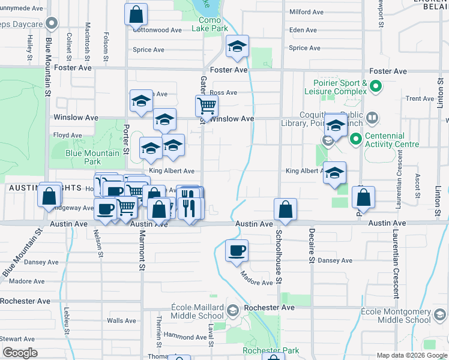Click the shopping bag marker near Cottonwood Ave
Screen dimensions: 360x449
coord(136,14)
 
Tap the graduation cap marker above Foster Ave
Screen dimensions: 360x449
coord(238,47)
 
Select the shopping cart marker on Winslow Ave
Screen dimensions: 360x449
coord(206,106)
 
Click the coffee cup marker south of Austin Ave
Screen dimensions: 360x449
coord(237,250)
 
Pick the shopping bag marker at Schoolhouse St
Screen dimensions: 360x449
coord(285,210)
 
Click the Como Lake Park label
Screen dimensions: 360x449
coord(214,24)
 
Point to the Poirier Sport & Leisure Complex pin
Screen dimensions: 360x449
coord(376,87)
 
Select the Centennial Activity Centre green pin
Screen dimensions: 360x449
coord(355,140)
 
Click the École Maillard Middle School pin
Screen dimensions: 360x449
coord(234,309)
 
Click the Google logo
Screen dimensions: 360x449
coord(20,353)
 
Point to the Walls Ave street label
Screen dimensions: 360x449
coord(122,320)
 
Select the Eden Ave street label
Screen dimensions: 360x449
coord(303,30)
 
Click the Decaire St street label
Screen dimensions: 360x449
coord(312,245)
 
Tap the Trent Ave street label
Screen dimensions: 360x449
coord(420,98)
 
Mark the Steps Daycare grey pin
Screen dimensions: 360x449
coord(52,25)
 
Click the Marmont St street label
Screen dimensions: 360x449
coord(143,248)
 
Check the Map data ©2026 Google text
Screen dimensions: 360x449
coord(412,355)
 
